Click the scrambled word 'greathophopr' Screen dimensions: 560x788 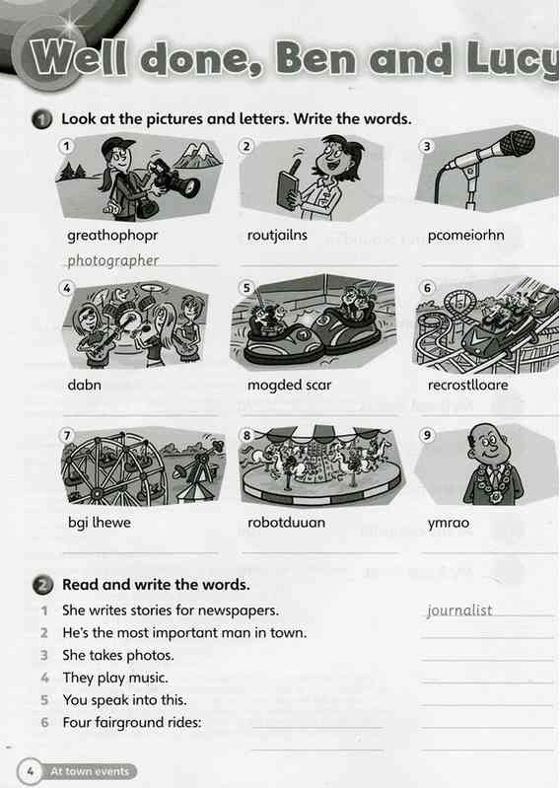[x=112, y=236]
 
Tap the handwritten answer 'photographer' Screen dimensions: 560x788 [x=113, y=260]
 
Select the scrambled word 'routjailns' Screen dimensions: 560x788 [x=277, y=235]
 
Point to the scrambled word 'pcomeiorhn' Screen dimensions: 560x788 [x=465, y=235]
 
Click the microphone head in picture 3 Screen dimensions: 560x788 [x=518, y=142]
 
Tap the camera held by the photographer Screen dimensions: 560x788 [x=175, y=179]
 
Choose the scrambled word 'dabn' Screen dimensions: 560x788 [x=85, y=385]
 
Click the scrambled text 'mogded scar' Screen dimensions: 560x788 [x=289, y=385]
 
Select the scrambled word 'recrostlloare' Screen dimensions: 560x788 [x=468, y=385]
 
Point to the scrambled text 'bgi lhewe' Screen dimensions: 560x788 [x=100, y=522]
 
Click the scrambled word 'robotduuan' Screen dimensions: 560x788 [x=286, y=522]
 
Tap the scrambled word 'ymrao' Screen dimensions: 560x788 [x=449, y=523]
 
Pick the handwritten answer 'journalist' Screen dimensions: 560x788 [x=459, y=610]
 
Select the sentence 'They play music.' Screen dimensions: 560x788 [x=115, y=678]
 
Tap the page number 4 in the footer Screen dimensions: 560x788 [x=31, y=771]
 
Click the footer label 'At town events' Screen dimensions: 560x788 [x=90, y=771]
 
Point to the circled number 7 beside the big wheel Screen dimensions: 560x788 [x=67, y=435]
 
